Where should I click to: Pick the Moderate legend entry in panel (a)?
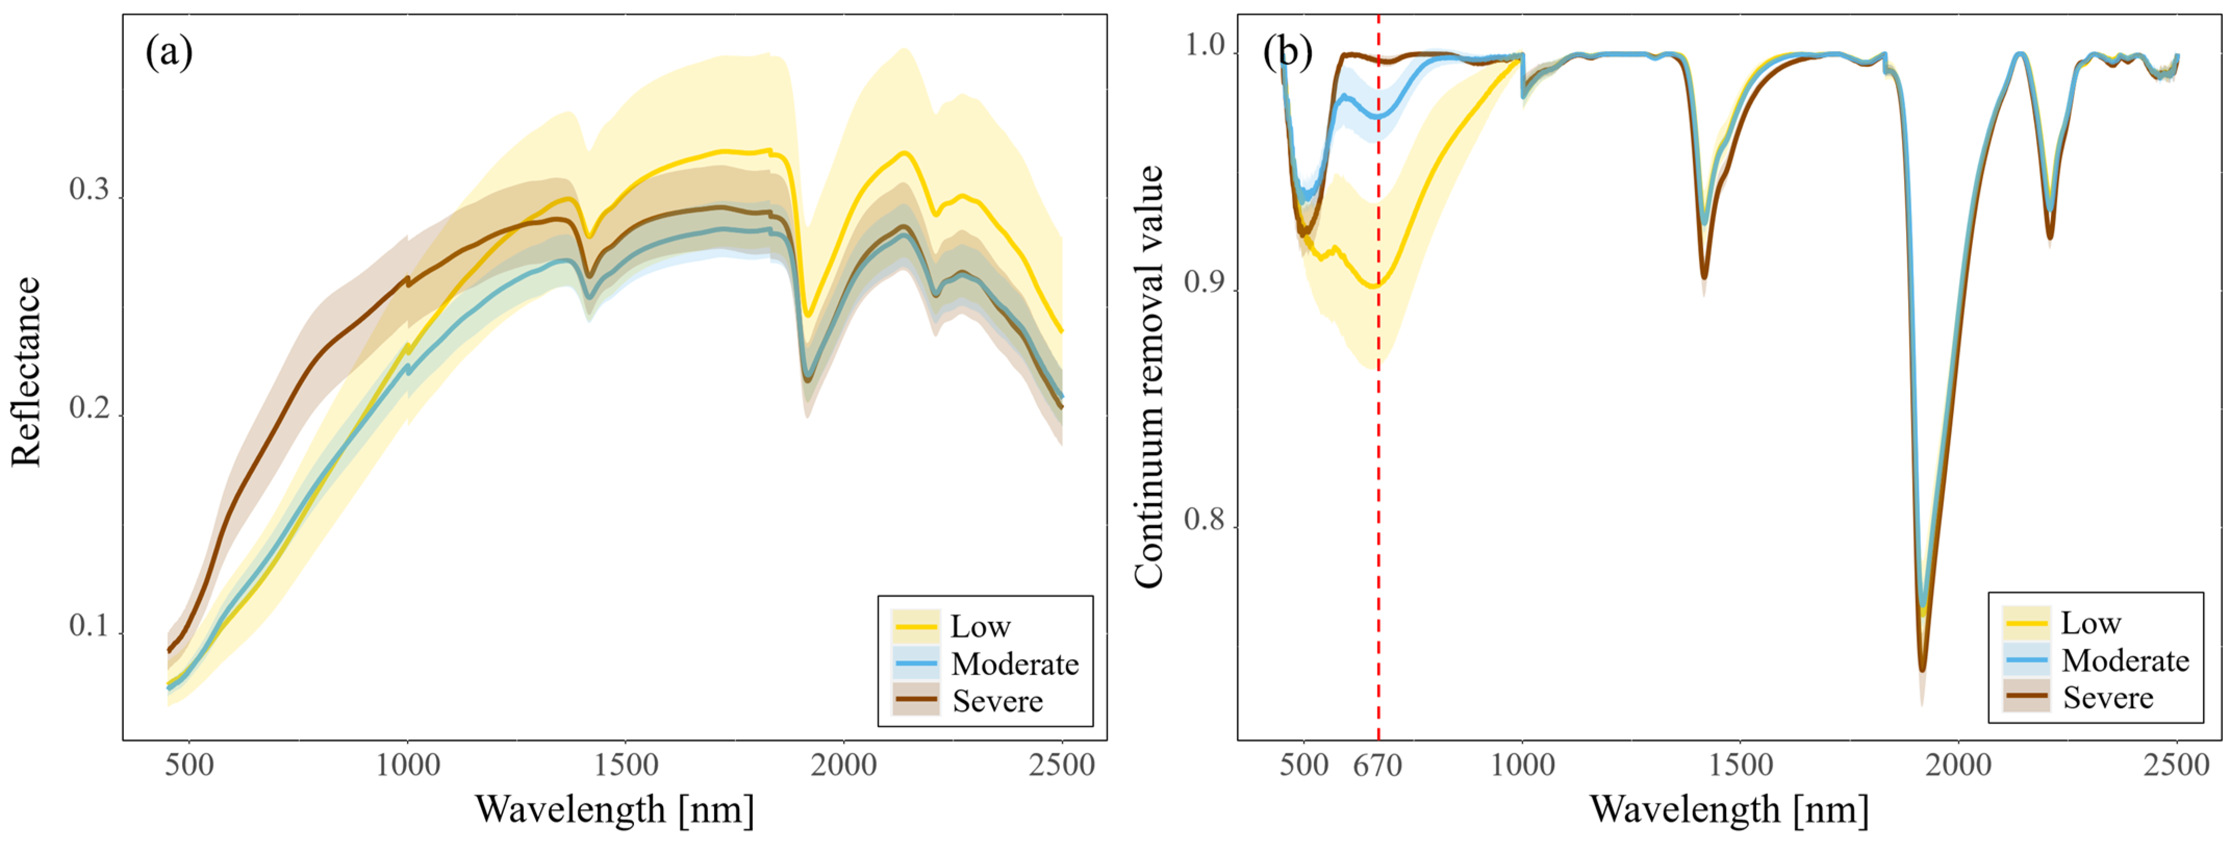pyautogui.click(x=1014, y=664)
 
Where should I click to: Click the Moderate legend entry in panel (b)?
pyautogui.click(x=2125, y=661)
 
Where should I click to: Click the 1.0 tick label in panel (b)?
pyautogui.click(x=1205, y=45)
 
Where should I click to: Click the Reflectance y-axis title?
pyautogui.click(x=26, y=373)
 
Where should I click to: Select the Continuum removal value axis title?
pyautogui.click(x=1149, y=377)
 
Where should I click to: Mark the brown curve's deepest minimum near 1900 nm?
pyautogui.click(x=1922, y=669)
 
